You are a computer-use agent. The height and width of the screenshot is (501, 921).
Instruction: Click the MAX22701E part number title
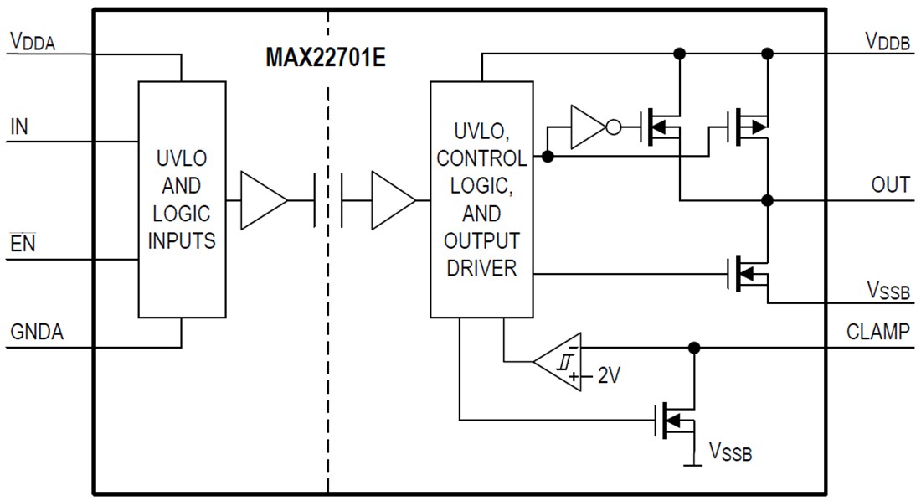click(x=326, y=57)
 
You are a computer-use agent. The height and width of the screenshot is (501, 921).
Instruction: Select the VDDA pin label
click(x=33, y=42)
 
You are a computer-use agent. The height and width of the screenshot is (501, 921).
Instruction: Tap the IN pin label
click(x=19, y=127)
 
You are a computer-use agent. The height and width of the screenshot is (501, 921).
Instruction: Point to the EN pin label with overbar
click(x=22, y=245)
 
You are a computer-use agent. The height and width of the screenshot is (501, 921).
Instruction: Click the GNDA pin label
click(x=37, y=332)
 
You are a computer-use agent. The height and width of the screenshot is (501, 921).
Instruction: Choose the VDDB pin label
click(x=888, y=42)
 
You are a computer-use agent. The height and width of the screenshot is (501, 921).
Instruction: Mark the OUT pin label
click(x=891, y=185)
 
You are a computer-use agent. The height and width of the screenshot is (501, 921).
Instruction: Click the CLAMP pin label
click(x=878, y=332)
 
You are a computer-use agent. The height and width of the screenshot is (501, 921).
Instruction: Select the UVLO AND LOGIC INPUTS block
click(x=182, y=199)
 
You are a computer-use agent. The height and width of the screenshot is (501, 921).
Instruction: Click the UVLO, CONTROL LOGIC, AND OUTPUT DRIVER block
click(x=481, y=199)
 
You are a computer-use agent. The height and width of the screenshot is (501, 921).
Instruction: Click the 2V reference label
click(x=609, y=377)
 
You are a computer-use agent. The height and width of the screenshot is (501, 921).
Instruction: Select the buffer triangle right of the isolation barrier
click(x=393, y=201)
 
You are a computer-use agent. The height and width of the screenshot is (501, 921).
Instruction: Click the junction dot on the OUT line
click(x=767, y=201)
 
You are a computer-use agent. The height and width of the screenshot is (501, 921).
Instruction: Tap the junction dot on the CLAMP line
click(x=693, y=348)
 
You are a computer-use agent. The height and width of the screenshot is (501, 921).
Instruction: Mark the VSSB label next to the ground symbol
click(x=731, y=454)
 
